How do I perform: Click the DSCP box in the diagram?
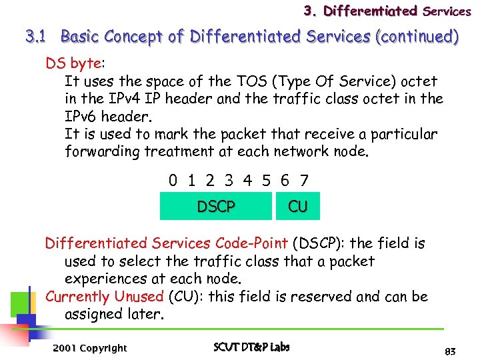(x=216, y=207)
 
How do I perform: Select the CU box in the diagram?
(x=297, y=207)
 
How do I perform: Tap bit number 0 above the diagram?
(x=173, y=180)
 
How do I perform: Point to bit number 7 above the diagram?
(x=304, y=180)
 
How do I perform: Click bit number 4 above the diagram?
(x=247, y=180)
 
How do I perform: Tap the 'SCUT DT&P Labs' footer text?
(x=251, y=347)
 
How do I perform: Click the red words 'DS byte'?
(x=72, y=64)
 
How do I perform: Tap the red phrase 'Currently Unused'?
(x=104, y=296)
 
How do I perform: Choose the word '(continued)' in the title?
(x=418, y=37)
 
